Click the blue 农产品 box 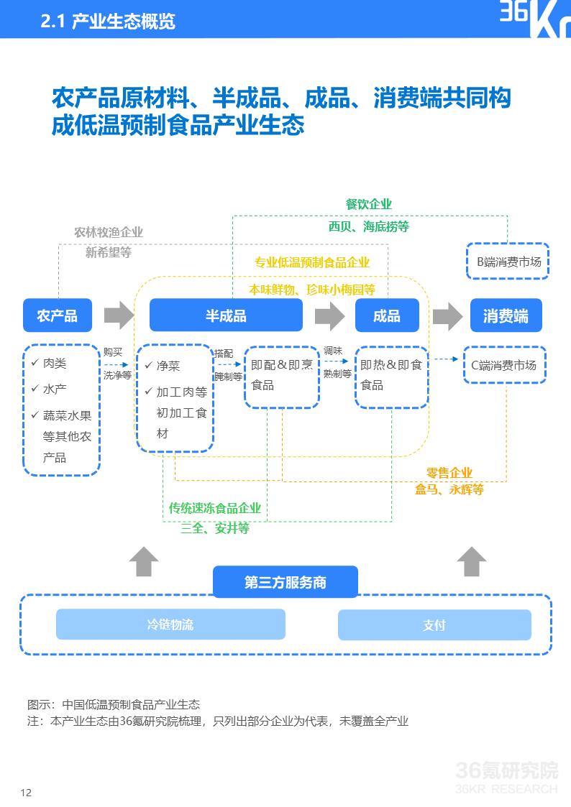(58, 315)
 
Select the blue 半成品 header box (226, 315)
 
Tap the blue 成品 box (386, 315)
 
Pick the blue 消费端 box (506, 315)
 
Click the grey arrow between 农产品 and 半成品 (119, 315)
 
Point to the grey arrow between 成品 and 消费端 (447, 315)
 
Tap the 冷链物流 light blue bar (170, 624)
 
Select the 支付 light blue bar (434, 625)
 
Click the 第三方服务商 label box (285, 582)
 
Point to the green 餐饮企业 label (369, 205)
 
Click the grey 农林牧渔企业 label (109, 232)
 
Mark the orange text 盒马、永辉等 (449, 489)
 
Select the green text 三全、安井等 (215, 528)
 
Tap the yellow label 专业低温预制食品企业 (312, 263)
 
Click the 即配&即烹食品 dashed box (281, 376)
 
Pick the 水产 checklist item (55, 389)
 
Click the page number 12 (27, 793)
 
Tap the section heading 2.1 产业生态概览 (109, 22)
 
